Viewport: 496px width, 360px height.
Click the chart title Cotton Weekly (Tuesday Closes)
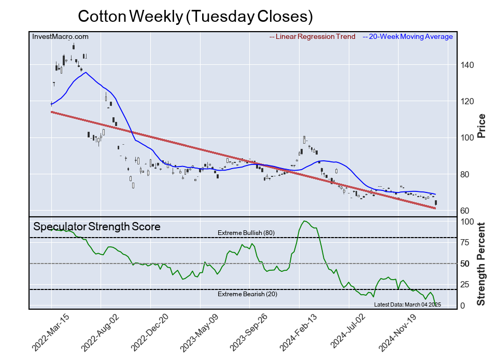point(195,16)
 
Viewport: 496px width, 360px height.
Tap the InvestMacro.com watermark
point(60,36)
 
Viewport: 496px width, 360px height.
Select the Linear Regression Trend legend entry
point(313,36)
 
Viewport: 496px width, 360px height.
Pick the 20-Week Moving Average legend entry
point(408,36)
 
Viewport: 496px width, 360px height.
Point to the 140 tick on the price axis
point(468,65)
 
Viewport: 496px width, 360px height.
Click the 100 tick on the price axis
point(468,138)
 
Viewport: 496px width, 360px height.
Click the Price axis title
point(481,126)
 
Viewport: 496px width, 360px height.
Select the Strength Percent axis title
point(481,264)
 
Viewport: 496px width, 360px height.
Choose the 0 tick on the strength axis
point(463,306)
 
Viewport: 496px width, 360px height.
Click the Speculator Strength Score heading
point(96,227)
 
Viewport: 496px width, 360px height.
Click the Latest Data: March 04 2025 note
point(407,304)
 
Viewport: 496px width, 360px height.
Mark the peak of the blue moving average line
point(86,72)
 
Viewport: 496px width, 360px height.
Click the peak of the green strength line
point(304,221)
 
